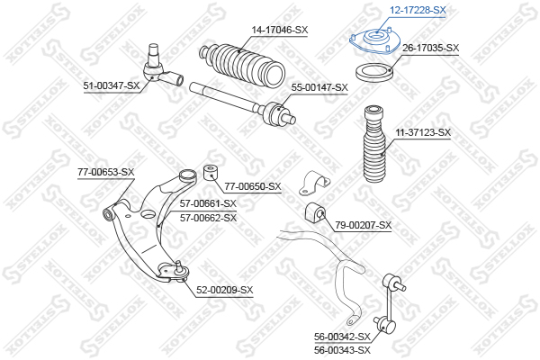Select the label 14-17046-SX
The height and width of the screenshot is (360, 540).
click(280, 30)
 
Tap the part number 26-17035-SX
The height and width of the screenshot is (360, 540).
click(430, 48)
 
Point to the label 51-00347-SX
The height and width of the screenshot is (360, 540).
click(112, 85)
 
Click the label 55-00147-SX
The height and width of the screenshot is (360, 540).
click(319, 87)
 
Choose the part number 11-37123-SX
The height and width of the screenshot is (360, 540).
click(422, 132)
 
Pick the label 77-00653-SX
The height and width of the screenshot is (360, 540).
click(105, 172)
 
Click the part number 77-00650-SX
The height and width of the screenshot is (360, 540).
click(253, 186)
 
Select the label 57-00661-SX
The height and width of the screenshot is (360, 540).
click(208, 203)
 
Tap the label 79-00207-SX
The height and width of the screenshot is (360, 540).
click(364, 224)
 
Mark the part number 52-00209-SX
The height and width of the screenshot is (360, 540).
click(225, 290)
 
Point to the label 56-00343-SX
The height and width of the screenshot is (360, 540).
click(342, 350)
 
